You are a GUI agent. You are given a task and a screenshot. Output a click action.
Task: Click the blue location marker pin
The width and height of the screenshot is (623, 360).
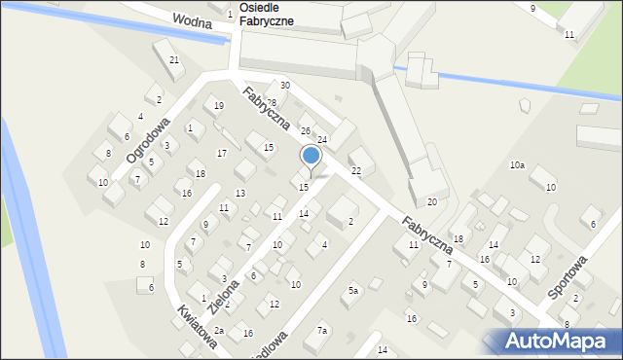coord(311,157)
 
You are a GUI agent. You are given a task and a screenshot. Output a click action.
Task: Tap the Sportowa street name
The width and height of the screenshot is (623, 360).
coord(568,277)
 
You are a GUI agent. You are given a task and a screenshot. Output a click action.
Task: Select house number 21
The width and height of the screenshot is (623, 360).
coord(174,60)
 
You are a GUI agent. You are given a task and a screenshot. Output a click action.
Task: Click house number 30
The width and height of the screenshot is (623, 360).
coord(284,86)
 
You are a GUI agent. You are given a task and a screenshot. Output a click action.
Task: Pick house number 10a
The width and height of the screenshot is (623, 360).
coord(517,165)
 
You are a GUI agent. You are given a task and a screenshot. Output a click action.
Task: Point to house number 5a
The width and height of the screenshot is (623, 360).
coord(354,291)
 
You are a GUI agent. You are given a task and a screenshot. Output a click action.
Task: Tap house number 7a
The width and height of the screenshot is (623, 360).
coord(322,332)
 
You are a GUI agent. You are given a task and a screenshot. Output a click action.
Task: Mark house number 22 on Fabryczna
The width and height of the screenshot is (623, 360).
coord(356,170)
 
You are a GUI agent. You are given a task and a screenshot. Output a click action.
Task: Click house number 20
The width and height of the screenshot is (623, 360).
coord(432,201)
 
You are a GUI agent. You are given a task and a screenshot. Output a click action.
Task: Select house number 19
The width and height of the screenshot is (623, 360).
coord(218,105)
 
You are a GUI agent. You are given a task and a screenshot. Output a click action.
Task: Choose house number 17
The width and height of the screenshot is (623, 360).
coord(222,153)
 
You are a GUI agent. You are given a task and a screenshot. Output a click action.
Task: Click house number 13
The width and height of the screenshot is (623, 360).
coord(240,194)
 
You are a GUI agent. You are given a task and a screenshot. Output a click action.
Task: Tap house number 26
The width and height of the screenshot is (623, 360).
coord(305,130)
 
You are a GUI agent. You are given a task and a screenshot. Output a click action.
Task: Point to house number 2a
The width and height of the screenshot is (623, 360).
coord(220,331)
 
